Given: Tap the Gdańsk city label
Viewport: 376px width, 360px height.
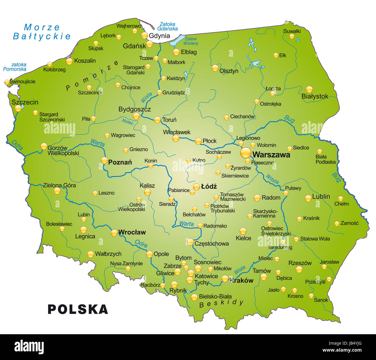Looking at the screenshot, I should [x=134, y=46].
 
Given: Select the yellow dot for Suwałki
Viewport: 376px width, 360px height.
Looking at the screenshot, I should [x=292, y=36].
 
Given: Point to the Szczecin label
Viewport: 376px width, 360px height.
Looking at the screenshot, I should [x=25, y=102].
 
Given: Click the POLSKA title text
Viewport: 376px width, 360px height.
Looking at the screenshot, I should [x=78, y=309].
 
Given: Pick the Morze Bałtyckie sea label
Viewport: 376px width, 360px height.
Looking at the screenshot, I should [x=42, y=32].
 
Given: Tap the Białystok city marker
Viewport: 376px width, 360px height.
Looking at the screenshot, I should [x=309, y=89].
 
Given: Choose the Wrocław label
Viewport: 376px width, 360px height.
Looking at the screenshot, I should [x=132, y=232].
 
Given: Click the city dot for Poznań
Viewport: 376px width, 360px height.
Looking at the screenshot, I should [x=104, y=160].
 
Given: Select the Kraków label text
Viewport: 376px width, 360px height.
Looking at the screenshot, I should [x=241, y=280].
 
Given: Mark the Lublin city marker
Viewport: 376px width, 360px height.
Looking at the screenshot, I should [x=308, y=198].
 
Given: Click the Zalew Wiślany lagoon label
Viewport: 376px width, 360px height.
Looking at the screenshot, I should [x=191, y=41].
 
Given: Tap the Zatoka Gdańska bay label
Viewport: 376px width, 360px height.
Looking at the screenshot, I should [x=167, y=26].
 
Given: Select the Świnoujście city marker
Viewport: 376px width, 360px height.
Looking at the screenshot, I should [x=7, y=82].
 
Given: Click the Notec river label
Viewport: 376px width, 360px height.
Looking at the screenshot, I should [x=128, y=122].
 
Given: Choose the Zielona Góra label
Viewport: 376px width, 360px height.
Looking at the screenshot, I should [x=59, y=185].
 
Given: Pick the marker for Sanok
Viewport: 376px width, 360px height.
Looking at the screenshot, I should [x=311, y=296].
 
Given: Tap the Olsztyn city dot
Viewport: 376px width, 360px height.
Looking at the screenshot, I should [x=215, y=68].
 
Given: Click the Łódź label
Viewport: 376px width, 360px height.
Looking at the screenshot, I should [x=209, y=187].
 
